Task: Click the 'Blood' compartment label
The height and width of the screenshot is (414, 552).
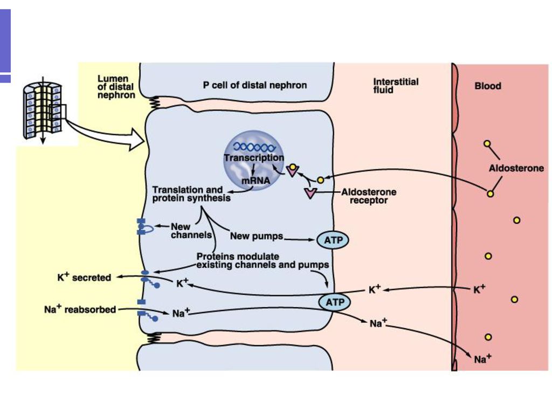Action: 487,86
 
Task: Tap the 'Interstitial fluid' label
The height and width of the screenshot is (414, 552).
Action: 396,86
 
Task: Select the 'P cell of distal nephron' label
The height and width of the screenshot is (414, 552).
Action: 255,85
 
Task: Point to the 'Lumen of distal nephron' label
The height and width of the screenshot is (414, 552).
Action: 116,87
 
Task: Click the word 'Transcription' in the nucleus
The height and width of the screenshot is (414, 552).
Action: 254,157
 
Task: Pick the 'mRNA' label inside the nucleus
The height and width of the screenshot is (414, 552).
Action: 256,181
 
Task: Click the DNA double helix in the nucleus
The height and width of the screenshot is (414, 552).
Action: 254,147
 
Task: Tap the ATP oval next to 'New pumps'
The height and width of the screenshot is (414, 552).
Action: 333,240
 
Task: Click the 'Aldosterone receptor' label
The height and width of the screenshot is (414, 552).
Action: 369,196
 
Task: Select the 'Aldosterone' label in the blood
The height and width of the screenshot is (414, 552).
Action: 516,168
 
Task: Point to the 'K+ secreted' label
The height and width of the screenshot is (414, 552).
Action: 84,277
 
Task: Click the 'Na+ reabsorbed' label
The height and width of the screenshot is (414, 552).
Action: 80,309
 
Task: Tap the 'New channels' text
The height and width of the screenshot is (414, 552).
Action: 191,231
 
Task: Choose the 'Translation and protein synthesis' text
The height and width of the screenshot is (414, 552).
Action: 191,194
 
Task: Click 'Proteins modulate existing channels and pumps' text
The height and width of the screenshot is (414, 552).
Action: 263,260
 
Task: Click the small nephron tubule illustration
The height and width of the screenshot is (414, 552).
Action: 43,111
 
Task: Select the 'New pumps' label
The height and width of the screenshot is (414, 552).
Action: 257,236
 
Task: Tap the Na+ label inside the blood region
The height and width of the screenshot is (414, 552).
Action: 482,358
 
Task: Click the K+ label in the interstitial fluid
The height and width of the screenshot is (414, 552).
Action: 375,289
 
